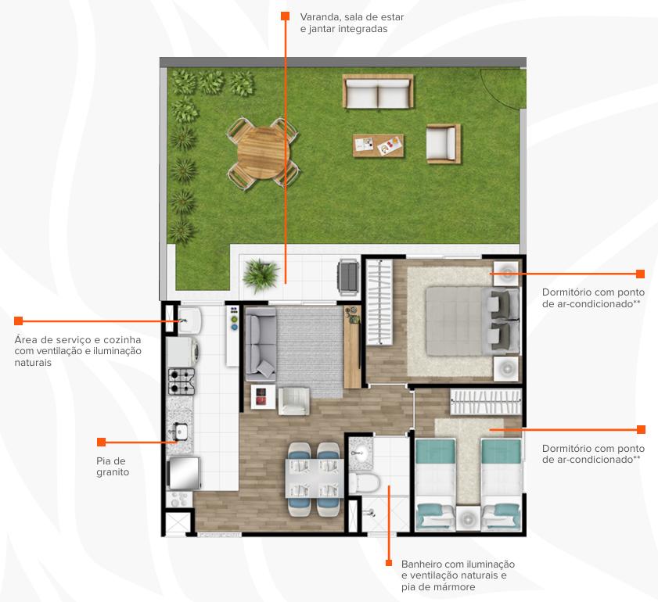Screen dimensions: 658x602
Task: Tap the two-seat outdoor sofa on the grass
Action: (x=378, y=91)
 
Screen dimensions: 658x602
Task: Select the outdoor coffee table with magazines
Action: (x=378, y=145)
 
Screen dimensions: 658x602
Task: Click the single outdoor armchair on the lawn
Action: (x=443, y=143)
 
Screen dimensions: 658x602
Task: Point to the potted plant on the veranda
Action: (x=261, y=274)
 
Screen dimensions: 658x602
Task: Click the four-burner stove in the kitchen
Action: (x=182, y=382)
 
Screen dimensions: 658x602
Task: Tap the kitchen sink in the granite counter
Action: (x=181, y=430)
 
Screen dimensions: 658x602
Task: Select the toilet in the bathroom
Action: (x=364, y=483)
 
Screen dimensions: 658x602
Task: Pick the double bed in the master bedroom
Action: (x=472, y=321)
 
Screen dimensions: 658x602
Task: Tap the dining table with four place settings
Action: (x=315, y=478)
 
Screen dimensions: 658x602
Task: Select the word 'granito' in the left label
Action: (x=113, y=472)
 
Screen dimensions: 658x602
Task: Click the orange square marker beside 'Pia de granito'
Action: (x=101, y=442)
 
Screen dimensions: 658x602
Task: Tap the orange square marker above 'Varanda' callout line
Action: (x=285, y=16)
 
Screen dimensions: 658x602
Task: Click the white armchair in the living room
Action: (x=293, y=401)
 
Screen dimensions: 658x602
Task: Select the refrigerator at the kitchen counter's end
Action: (x=183, y=473)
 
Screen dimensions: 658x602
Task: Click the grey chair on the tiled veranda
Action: (x=348, y=277)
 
